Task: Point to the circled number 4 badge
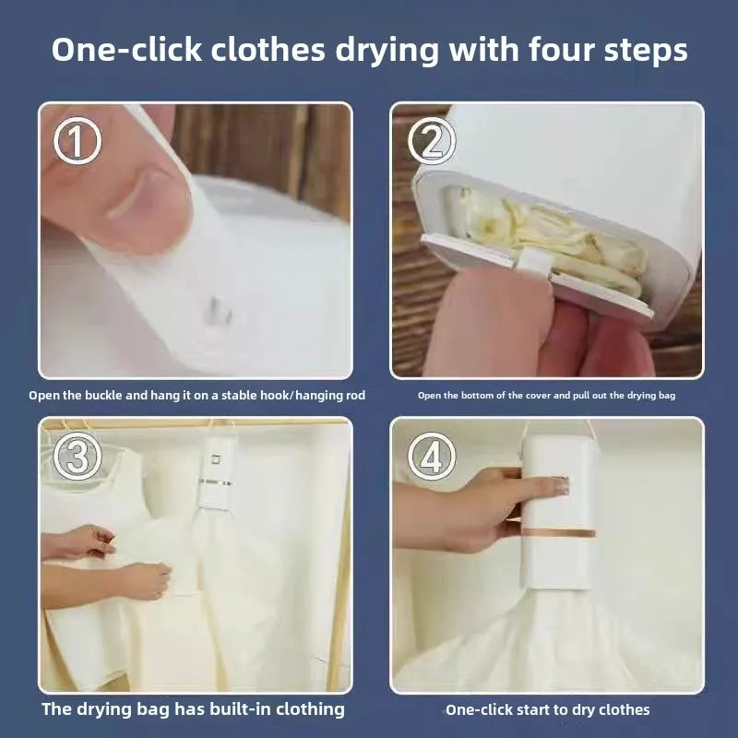click(x=431, y=456)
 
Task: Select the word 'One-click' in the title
click(x=127, y=50)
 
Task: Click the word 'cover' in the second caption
click(x=543, y=395)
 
